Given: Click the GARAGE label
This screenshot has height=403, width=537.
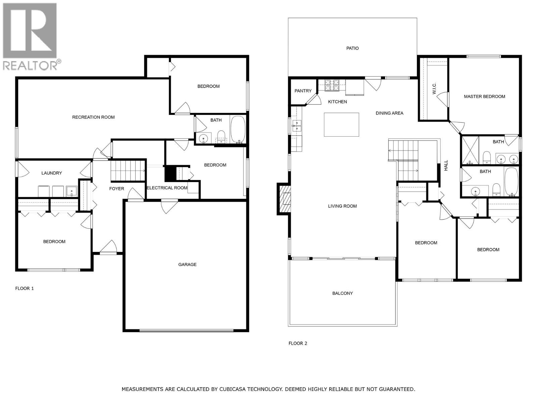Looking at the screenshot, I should point(187,264).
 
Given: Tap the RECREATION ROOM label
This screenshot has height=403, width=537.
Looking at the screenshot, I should point(93,117).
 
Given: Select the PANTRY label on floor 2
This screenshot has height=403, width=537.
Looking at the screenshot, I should point(303,91).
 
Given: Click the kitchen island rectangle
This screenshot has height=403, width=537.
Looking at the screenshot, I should point(341,125).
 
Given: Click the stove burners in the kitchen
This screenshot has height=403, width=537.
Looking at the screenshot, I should point(332,85).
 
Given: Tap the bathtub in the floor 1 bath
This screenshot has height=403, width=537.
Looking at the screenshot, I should point(238,129).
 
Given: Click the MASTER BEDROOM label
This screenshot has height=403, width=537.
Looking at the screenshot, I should point(484,96).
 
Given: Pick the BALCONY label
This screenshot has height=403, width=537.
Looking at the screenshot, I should point(342,293).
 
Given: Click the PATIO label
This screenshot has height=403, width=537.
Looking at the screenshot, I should point(352,48).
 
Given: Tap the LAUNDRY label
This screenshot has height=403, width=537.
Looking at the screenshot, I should point(52,173).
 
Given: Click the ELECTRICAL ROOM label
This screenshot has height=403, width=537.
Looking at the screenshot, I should point(167,188).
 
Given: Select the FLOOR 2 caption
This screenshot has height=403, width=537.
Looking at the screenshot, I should point(298,343).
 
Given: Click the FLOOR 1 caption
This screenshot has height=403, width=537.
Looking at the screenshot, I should point(25,288).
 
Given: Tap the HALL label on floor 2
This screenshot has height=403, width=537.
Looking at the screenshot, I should point(446,165).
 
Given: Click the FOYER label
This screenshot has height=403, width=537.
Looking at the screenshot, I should point(116,189).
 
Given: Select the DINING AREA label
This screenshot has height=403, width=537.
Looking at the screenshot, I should point(389,113).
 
